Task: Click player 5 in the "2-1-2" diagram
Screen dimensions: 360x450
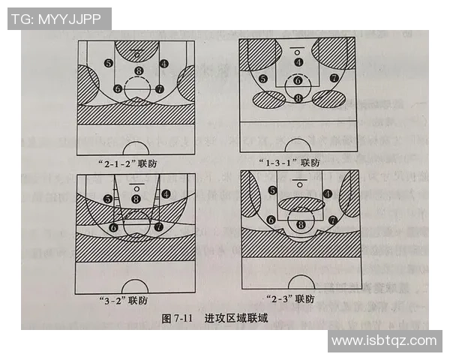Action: click(109, 64)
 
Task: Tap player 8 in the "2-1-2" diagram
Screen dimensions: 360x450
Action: click(136, 71)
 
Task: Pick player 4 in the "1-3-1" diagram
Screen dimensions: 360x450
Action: click(298, 62)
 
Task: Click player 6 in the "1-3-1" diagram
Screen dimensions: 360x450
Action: click(298, 80)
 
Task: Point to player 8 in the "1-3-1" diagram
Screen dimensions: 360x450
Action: click(298, 97)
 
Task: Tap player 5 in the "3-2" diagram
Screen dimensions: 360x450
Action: click(109, 199)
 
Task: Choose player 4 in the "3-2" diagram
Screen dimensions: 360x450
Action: click(164, 193)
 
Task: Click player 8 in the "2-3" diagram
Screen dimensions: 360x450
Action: click(301, 223)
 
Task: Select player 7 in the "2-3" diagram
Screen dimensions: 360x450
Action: click(332, 220)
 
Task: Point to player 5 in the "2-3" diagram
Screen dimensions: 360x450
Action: click(272, 190)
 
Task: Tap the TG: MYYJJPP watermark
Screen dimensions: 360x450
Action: click(59, 19)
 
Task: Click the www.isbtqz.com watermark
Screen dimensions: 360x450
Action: click(383, 340)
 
